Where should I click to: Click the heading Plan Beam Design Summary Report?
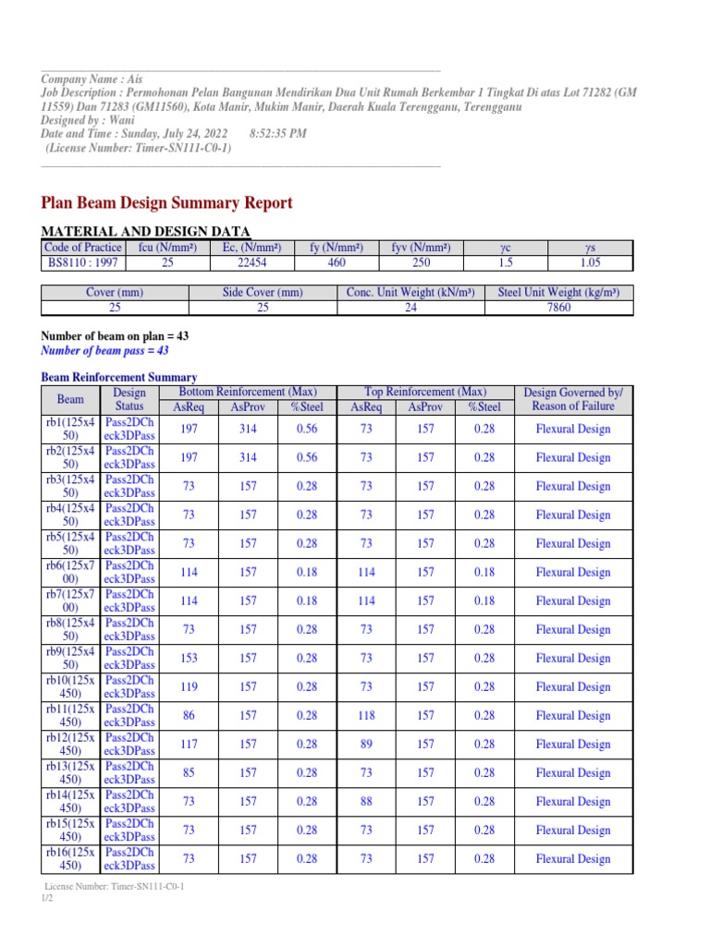pyautogui.click(x=167, y=203)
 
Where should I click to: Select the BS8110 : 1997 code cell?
pyautogui.click(x=83, y=262)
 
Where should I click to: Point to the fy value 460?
pyautogui.click(x=337, y=262)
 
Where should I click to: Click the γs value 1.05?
pyautogui.click(x=590, y=262)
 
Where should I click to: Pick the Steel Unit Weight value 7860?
pyautogui.click(x=559, y=308)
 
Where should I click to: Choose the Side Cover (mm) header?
pyautogui.click(x=263, y=293)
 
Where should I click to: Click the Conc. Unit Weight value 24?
pyautogui.click(x=410, y=308)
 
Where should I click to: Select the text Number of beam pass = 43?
pyautogui.click(x=105, y=351)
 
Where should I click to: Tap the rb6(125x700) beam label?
pyautogui.click(x=70, y=573)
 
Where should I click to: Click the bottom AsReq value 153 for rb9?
pyautogui.click(x=189, y=659)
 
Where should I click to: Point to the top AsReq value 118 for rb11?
pyautogui.click(x=366, y=716)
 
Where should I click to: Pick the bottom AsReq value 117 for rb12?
pyautogui.click(x=189, y=745)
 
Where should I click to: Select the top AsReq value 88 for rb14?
pyautogui.click(x=366, y=802)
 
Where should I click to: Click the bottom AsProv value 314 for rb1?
pyautogui.click(x=247, y=429)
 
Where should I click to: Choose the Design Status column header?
pyautogui.click(x=129, y=400)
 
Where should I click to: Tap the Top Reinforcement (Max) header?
pyautogui.click(x=426, y=393)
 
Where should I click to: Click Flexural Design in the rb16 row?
pyautogui.click(x=573, y=859)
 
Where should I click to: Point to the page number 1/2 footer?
pyautogui.click(x=47, y=898)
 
